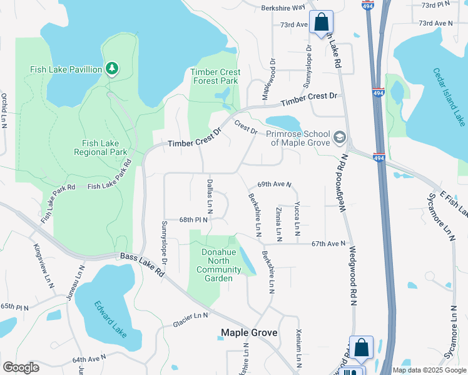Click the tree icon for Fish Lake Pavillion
point(111,68)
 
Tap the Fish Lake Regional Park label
point(101,147)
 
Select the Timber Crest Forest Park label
point(214,76)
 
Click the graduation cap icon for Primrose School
point(339,136)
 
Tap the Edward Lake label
point(110,319)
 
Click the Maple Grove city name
point(248,333)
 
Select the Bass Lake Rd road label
point(141,264)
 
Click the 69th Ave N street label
point(275,185)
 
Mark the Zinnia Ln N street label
point(278,221)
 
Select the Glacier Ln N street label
point(190,321)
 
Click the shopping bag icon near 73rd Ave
point(321,23)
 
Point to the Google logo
point(21,367)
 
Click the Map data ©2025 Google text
point(429,370)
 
